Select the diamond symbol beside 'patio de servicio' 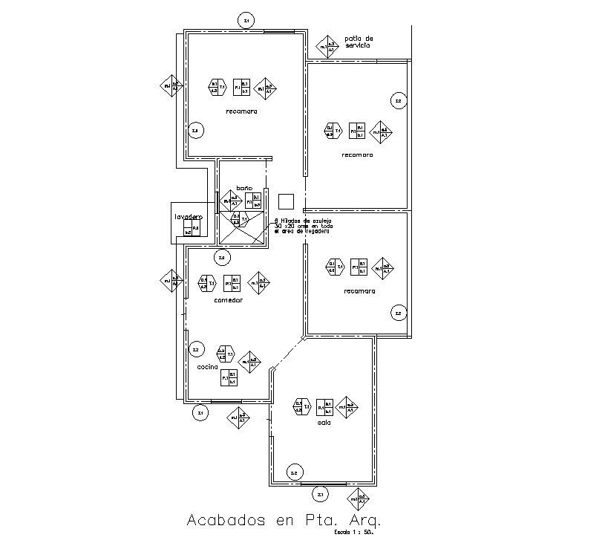327,47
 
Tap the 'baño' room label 244,188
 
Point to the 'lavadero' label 188,217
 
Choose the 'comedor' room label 228,300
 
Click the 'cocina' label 207,367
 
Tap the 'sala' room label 323,423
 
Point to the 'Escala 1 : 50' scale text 352,533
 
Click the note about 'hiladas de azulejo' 301,226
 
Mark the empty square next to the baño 287,201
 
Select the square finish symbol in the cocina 228,377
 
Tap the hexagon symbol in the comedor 207,283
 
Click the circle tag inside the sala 294,472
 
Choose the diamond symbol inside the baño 231,201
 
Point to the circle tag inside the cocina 197,349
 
